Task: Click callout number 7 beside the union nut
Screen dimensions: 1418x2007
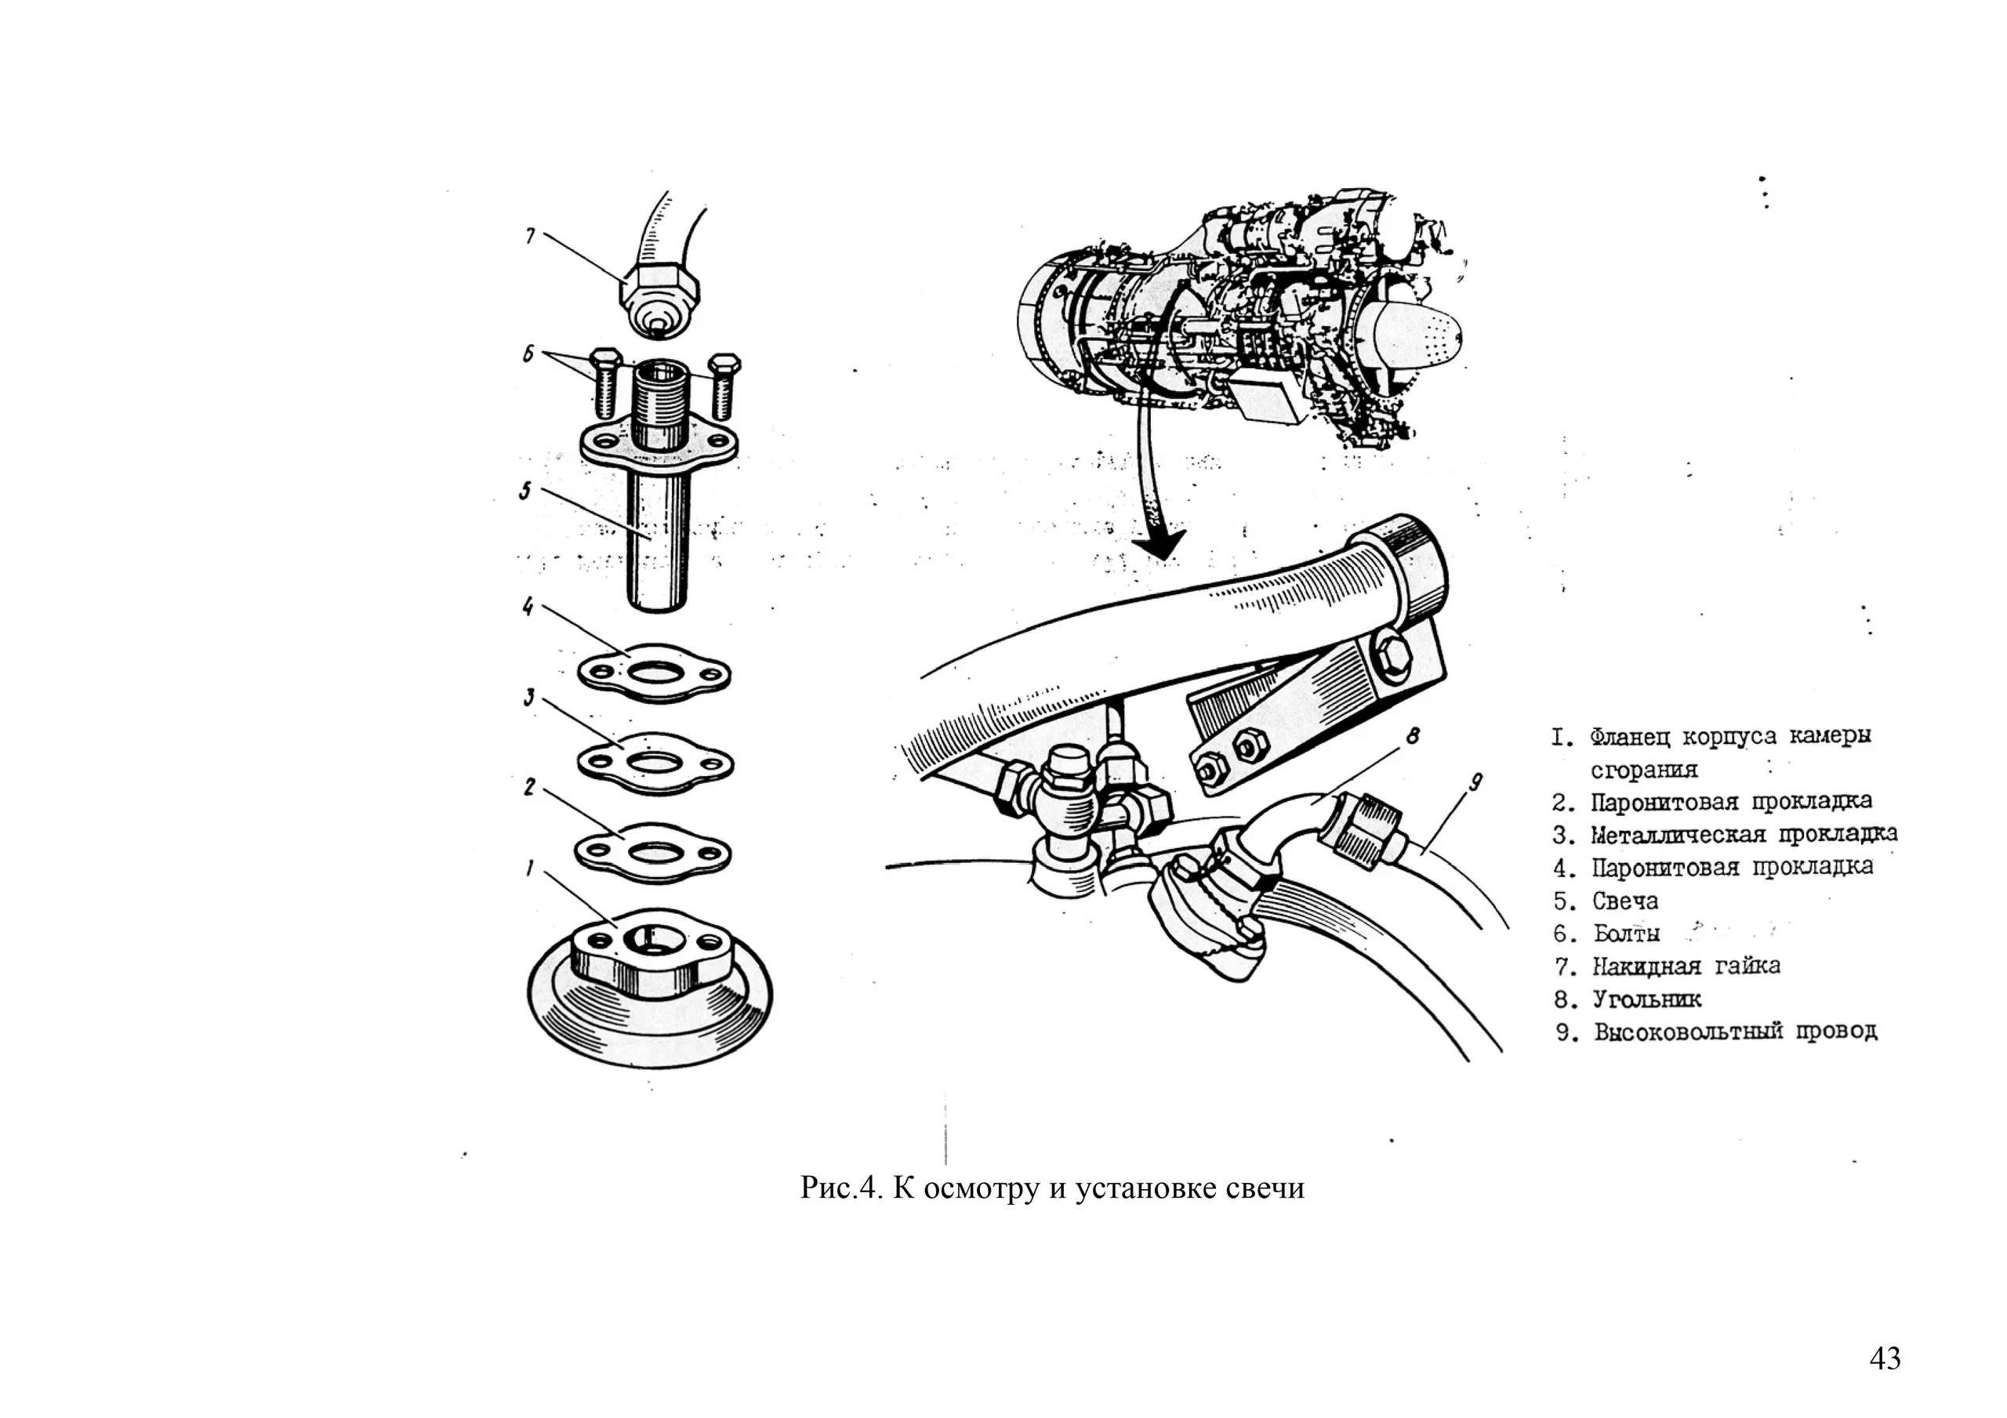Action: [530, 235]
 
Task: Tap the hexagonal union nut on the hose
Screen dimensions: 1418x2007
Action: [661, 287]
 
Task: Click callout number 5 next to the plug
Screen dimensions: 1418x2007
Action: [524, 491]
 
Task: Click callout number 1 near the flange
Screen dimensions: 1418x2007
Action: [530, 868]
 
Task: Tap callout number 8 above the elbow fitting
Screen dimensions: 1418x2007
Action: [1412, 737]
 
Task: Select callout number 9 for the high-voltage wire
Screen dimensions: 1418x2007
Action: [1475, 783]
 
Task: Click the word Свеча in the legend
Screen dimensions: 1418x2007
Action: [1624, 901]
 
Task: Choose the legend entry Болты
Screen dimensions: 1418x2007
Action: [1626, 934]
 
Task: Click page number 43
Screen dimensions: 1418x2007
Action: [1885, 1358]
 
